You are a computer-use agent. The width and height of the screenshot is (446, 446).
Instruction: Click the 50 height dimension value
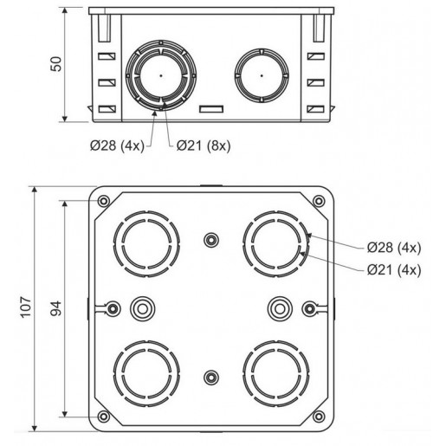point(56,64)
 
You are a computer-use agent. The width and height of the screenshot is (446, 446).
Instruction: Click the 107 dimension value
point(26,307)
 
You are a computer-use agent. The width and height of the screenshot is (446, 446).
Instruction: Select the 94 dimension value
point(56,308)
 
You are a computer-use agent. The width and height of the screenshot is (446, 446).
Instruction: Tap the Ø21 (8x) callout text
point(204,145)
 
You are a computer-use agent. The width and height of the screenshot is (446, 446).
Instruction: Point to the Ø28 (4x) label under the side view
point(117,145)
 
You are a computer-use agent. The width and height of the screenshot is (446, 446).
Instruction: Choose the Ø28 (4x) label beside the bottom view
point(394,248)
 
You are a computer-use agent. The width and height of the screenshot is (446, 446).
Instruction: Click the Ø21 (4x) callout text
point(394,270)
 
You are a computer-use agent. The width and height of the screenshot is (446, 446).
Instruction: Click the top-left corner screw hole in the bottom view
point(104,201)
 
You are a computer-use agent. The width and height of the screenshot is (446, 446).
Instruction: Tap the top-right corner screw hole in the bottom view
point(319,201)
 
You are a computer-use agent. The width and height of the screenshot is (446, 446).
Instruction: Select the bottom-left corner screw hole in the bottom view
point(104,417)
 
